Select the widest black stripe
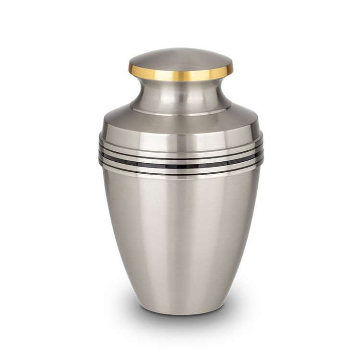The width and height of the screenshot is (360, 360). tap(180, 166)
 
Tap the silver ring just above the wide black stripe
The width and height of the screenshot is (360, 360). tap(180, 161)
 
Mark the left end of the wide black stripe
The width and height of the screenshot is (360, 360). tap(101, 156)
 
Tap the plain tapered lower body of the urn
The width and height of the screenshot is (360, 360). tap(180, 240)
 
